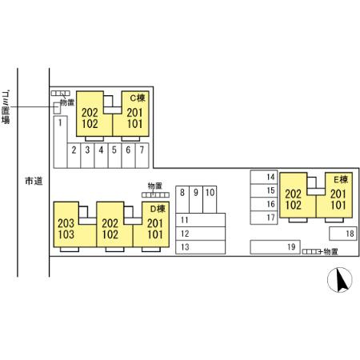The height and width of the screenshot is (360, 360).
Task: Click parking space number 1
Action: point(60,142)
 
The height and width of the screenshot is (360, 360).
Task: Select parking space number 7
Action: point(142,156)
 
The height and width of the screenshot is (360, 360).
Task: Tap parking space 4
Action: point(101,156)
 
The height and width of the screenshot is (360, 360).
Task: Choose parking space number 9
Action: point(196,199)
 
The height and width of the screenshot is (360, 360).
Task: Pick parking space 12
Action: point(201,234)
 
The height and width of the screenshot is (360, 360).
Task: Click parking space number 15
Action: point(264,190)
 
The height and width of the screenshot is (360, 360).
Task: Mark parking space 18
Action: point(343,234)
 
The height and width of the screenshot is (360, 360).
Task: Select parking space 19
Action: point(275,247)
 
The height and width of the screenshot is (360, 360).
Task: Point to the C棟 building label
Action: point(138,98)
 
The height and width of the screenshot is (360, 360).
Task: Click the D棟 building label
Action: point(158,209)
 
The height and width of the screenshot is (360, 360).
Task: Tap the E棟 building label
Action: point(341,180)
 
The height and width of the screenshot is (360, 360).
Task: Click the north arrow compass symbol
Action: point(340,280)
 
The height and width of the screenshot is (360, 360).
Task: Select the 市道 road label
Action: point(34,181)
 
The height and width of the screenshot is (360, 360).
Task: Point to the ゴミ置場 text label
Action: point(6,107)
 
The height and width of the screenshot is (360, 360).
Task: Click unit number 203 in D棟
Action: point(66,223)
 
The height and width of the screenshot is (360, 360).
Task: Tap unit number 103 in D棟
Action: point(66,234)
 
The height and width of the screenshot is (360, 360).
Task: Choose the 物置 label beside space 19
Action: point(331,252)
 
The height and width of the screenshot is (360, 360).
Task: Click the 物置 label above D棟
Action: point(155,186)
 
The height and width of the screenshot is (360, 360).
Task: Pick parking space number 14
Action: point(264,177)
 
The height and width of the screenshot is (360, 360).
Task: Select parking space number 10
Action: point(210,199)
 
